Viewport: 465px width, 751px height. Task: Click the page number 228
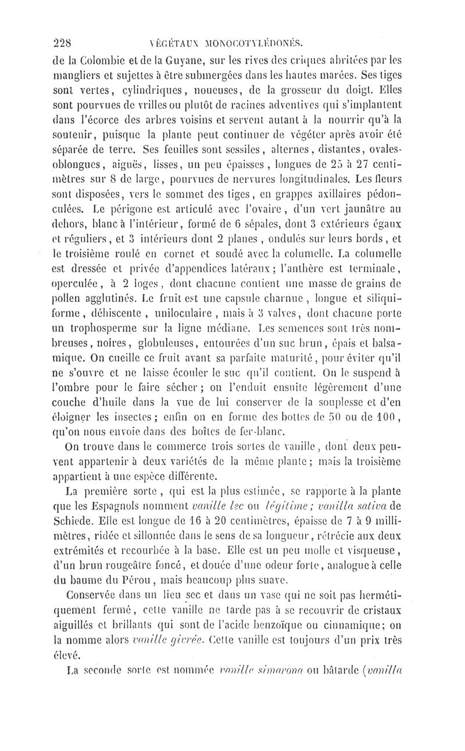click(62, 42)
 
